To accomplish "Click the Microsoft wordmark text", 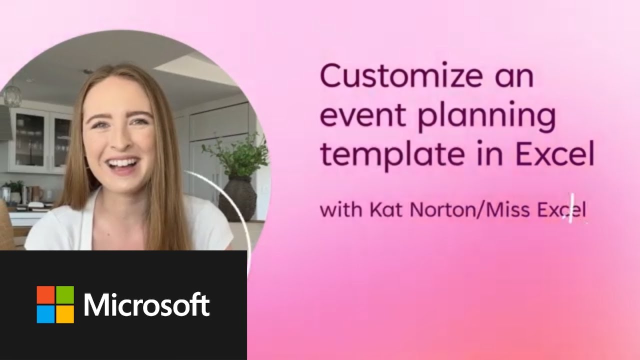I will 146,304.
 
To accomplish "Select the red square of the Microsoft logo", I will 45,294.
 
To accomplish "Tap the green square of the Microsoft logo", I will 65,294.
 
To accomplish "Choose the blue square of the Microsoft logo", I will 45,314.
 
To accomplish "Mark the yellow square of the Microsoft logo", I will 65,314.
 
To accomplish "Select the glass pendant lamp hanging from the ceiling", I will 12,94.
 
